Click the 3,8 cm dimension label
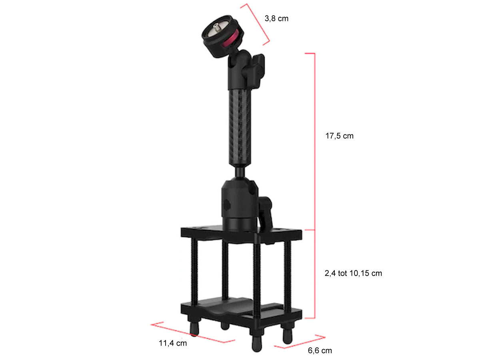[276, 18]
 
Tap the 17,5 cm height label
[339, 136]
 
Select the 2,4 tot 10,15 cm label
[353, 273]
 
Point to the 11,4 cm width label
[172, 343]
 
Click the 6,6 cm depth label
[320, 351]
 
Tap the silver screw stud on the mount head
[217, 28]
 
